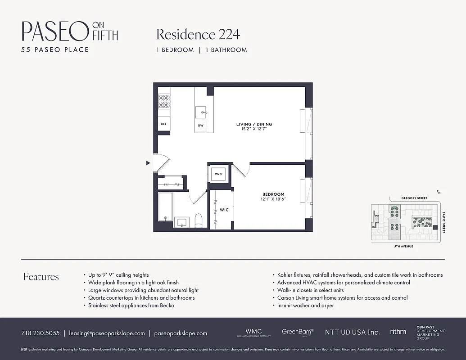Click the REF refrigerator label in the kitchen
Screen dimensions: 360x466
[163, 124]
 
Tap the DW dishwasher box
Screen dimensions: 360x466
[201, 126]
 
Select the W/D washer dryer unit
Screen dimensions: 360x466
[218, 174]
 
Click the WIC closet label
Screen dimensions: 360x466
[224, 210]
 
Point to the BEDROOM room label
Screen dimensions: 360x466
[273, 194]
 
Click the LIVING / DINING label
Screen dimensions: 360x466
[254, 124]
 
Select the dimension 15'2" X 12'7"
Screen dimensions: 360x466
[254, 129]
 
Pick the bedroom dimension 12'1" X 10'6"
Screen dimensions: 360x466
[273, 199]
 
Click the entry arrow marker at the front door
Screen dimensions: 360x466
[148, 163]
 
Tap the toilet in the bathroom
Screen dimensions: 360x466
[199, 220]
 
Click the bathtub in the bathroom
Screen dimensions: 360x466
[165, 209]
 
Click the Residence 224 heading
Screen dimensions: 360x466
[198, 34]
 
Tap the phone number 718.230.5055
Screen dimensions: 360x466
[40, 333]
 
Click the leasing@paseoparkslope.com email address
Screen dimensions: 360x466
[107, 333]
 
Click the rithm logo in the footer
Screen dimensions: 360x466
[398, 332]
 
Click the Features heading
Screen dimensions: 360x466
[41, 277]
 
